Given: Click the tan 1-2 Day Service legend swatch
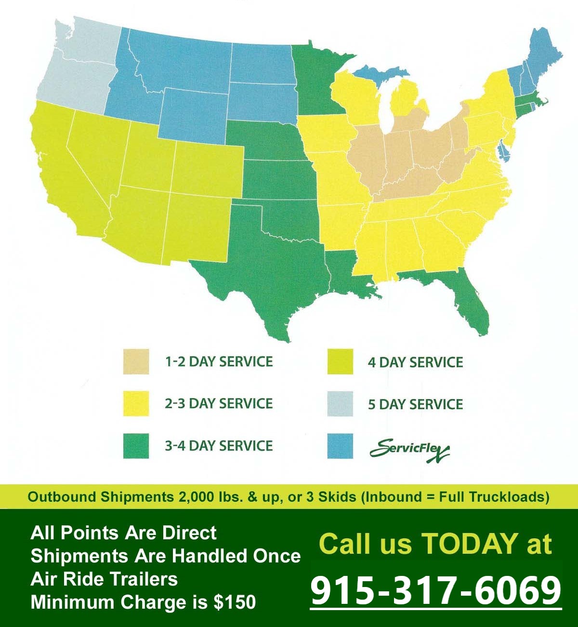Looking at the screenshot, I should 136,362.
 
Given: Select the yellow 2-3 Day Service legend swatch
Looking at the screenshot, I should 136,404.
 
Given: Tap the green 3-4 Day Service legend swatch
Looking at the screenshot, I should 136,446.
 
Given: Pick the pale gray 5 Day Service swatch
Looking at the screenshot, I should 340,404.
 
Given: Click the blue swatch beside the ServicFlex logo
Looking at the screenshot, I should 340,446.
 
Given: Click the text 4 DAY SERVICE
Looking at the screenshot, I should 415,362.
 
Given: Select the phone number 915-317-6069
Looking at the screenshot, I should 436,591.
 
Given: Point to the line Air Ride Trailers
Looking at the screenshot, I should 104,579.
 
